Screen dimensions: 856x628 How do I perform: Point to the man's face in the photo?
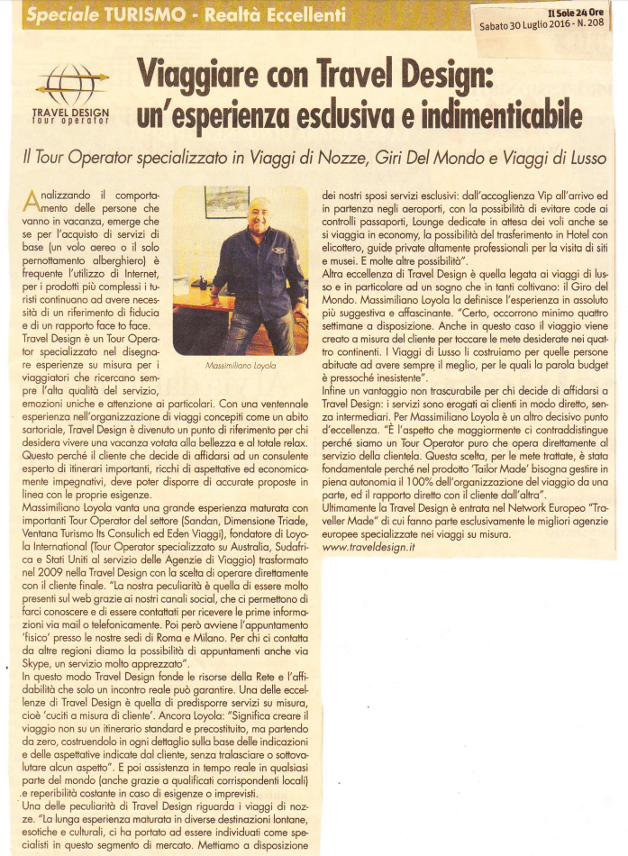pos(259,215)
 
